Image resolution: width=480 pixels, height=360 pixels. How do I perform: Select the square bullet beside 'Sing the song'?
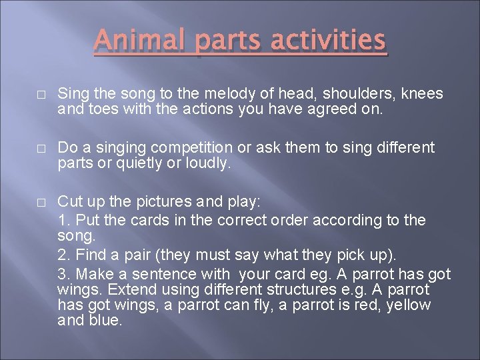tap(41, 95)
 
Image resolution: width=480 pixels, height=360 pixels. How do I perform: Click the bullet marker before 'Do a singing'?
tap(41, 148)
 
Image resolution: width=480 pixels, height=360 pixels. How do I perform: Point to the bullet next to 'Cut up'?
tap(41, 201)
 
